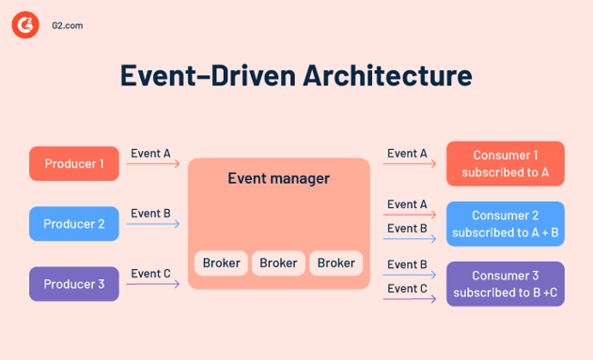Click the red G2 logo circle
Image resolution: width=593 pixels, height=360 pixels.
click(25, 26)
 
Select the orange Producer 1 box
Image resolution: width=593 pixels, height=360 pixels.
click(74, 164)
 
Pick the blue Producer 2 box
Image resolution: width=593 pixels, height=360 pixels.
click(74, 224)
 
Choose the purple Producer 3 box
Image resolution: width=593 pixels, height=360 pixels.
click(74, 284)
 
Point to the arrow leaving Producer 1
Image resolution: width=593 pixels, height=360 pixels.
click(153, 165)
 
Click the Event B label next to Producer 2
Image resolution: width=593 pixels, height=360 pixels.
click(150, 214)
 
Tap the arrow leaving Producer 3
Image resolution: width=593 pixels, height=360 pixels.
click(153, 285)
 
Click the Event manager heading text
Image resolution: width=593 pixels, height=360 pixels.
click(278, 178)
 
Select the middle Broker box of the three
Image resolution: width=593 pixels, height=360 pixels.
click(278, 263)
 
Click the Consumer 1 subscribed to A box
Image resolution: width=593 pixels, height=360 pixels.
click(505, 164)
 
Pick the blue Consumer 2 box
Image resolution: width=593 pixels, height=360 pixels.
click(505, 224)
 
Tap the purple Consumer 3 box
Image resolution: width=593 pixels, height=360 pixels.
click(505, 284)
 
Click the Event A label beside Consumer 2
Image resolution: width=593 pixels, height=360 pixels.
click(407, 204)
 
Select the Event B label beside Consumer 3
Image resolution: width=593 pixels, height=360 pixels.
click(407, 265)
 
